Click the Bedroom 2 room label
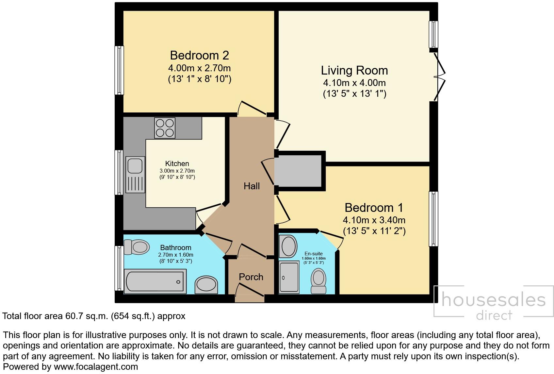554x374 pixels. (x=199, y=55)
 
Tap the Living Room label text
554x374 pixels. (x=354, y=70)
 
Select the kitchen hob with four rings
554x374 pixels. (x=165, y=127)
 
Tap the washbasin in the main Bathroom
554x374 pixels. (x=206, y=285)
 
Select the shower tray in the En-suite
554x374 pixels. (x=289, y=277)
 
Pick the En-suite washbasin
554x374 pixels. (x=288, y=246)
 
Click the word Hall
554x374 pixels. (x=252, y=186)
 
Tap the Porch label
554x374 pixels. (x=251, y=277)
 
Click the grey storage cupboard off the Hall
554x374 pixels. (x=298, y=171)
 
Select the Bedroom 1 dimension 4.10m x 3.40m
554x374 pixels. (x=374, y=220)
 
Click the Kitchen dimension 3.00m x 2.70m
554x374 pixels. (x=177, y=171)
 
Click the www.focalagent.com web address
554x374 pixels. (x=96, y=367)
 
